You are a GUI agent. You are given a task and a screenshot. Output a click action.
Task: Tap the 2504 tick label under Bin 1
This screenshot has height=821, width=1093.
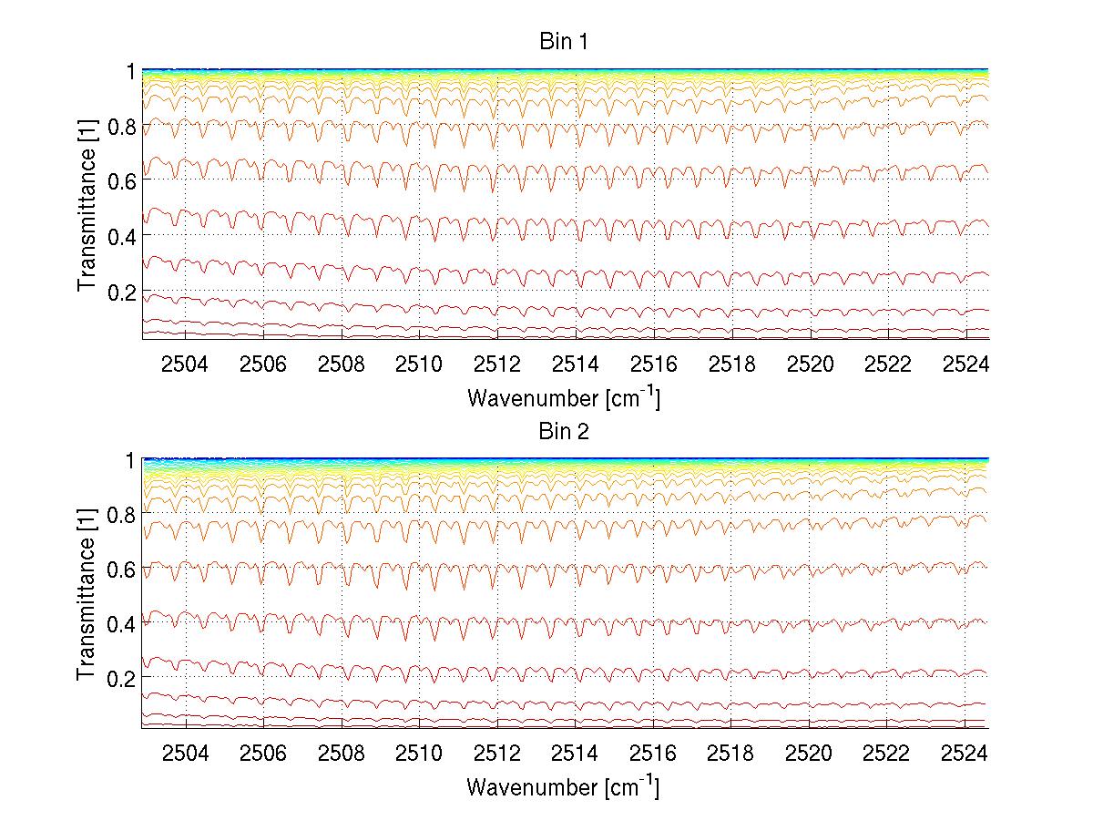[x=186, y=364]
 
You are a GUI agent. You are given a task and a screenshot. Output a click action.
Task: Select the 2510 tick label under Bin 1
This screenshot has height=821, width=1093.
[x=419, y=364]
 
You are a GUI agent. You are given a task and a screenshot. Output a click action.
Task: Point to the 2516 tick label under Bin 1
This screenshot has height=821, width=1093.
[x=653, y=364]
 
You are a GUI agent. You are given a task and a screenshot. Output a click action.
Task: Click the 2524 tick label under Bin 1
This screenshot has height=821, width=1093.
[x=965, y=364]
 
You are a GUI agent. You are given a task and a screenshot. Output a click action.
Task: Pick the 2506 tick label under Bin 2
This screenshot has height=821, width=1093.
[x=263, y=754]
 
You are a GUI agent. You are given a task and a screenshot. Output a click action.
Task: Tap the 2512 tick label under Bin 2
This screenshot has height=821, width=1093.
[x=497, y=754]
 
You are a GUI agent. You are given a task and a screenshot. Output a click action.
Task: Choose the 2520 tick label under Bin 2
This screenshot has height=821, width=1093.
[x=809, y=754]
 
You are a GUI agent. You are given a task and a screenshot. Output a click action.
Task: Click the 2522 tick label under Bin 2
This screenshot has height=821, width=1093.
[x=886, y=754]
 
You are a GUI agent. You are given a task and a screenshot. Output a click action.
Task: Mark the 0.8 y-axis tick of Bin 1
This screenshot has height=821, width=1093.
[x=121, y=126]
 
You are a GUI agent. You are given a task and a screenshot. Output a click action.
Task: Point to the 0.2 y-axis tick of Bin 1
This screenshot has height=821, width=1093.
[x=121, y=291]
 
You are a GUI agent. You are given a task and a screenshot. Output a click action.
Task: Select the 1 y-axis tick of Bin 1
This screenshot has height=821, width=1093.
[x=130, y=70]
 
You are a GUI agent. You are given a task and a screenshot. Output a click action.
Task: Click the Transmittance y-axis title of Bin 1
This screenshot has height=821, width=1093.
[x=87, y=204]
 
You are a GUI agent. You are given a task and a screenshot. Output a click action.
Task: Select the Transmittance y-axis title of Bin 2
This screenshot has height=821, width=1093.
[x=87, y=593]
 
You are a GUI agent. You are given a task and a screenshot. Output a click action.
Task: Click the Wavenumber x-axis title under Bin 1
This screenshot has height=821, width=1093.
[x=563, y=397]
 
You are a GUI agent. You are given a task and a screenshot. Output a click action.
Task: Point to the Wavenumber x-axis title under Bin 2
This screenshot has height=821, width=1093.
[x=563, y=786]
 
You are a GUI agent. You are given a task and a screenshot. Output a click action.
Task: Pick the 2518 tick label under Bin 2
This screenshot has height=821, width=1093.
[x=730, y=754]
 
